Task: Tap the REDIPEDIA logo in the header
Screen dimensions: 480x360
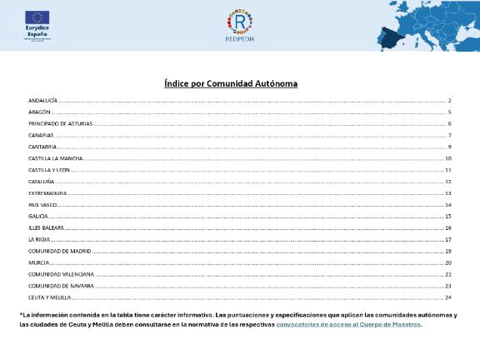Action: tap(240, 25)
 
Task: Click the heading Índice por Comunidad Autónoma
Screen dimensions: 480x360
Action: tap(231, 83)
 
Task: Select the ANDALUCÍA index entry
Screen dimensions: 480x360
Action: tap(42, 100)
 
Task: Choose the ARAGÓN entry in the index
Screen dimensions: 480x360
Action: tap(39, 112)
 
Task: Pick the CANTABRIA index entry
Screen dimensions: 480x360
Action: tap(42, 147)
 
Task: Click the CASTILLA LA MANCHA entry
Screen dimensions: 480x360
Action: tap(55, 158)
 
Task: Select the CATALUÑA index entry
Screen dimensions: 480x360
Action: tap(41, 181)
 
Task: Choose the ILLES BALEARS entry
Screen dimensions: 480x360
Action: tap(46, 227)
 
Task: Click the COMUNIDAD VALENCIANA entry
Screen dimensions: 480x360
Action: tap(61, 273)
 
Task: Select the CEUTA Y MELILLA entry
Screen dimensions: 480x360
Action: tap(49, 297)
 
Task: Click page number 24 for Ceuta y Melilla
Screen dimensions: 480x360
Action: tap(447, 297)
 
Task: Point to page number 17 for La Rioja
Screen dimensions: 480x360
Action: tap(447, 239)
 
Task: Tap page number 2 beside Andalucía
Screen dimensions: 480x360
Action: tap(449, 100)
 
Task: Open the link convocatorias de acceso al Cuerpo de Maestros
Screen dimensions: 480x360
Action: tap(348, 325)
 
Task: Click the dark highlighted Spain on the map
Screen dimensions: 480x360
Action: tap(391, 38)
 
